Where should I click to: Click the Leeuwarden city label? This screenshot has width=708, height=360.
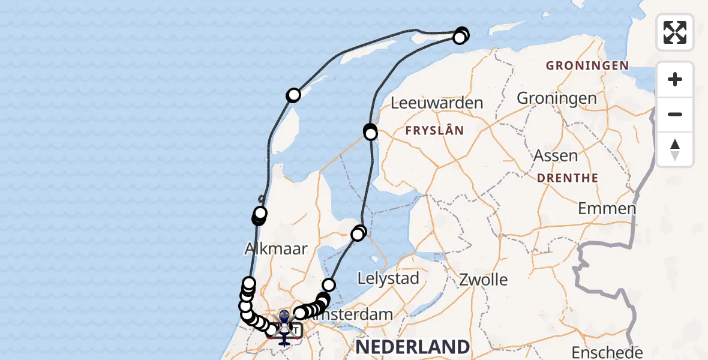(x=437, y=103)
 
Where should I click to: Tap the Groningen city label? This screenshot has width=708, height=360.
(x=556, y=98)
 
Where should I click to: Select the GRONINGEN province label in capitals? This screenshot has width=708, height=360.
(x=587, y=66)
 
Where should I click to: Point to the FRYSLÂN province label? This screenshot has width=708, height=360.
(x=434, y=130)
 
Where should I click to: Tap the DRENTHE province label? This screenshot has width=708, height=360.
(x=568, y=178)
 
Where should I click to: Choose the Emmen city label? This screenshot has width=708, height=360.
(x=607, y=209)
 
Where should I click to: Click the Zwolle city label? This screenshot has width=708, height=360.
(x=484, y=280)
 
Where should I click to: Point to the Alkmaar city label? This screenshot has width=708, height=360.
(x=276, y=248)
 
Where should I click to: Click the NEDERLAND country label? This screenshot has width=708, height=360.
(x=413, y=346)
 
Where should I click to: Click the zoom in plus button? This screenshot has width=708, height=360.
(x=675, y=79)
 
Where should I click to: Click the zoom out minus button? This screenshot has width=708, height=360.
(x=675, y=114)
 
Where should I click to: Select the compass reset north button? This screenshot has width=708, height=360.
(x=675, y=149)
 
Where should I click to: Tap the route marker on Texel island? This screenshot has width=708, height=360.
(x=293, y=95)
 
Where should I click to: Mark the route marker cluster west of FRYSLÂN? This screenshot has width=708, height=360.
(x=370, y=131)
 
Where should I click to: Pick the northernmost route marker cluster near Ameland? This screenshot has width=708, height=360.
(x=461, y=34)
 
